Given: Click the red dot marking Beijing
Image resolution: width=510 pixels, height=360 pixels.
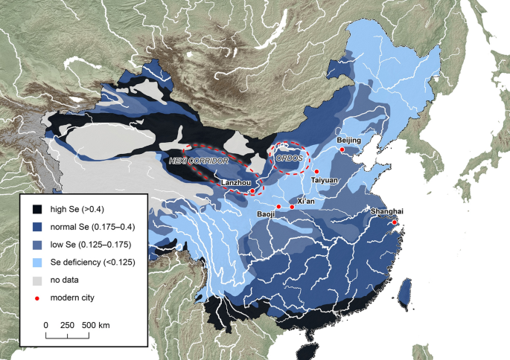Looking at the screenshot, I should coord(342,150).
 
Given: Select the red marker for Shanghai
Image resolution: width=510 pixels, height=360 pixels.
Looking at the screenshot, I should coord(395,222).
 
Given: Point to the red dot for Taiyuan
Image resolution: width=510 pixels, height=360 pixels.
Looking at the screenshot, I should coord(316,172).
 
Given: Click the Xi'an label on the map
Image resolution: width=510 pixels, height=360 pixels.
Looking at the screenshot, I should coord(306,201).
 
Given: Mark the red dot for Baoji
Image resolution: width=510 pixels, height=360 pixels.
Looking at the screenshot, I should coord(278,206).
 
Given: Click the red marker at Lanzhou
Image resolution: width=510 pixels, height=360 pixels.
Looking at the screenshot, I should coord(253,191).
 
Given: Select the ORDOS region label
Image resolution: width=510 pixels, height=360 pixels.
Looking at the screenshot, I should coord(288,158).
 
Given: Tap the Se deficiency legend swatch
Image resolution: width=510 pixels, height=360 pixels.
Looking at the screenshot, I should coord(36,263).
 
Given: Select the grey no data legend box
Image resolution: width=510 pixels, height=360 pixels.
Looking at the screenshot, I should coord(36,280).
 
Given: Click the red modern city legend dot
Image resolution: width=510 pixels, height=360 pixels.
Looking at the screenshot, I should coord(36,298).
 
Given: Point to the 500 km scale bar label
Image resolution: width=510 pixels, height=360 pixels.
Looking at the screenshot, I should coord(95,325).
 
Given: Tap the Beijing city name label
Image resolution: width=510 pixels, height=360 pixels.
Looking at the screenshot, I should coord(348,140).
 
